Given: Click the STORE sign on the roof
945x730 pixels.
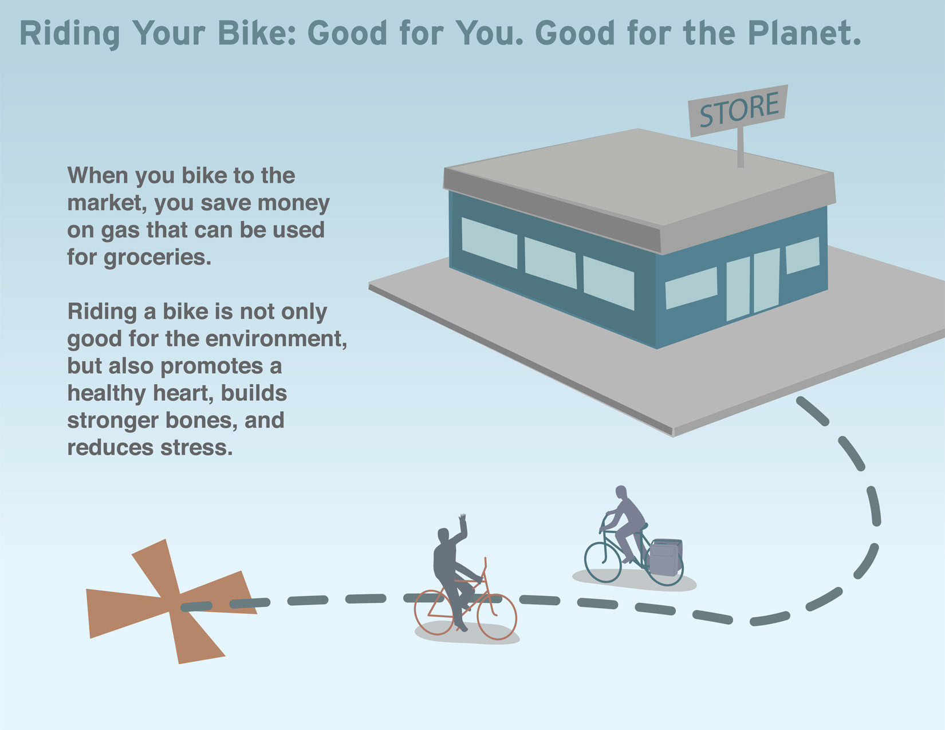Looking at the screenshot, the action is coord(738,111).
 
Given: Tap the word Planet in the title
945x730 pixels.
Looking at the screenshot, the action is coord(804,33).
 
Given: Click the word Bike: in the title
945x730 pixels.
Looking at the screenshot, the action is coord(257,33).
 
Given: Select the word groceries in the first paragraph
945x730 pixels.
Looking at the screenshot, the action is coord(157,258).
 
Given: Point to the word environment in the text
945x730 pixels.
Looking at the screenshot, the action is coord(255,338).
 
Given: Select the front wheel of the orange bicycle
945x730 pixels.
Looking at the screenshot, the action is coord(497,617).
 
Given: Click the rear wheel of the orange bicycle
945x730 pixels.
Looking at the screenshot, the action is coord(435,612).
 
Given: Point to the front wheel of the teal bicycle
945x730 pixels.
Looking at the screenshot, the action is coord(603,562).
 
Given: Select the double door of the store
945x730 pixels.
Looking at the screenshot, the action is coord(753,285).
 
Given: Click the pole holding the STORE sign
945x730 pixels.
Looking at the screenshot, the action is coord(741,147).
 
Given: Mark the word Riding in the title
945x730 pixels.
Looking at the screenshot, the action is coord(69,34).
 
